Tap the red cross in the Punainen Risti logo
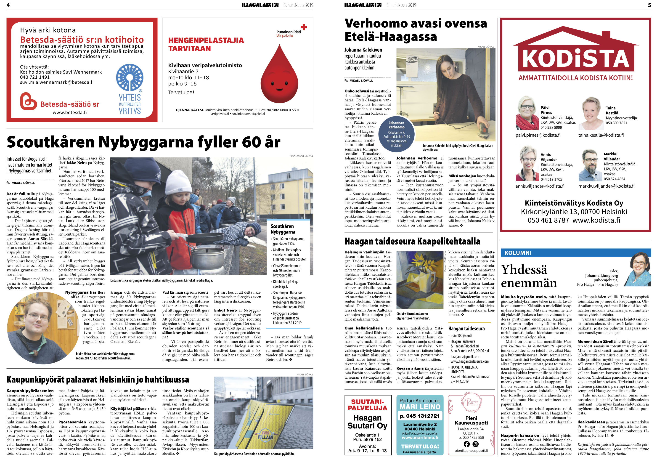[x=304, y=27]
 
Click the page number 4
[x=8, y=5]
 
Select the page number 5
[x=649, y=5]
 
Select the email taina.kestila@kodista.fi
[x=601, y=135]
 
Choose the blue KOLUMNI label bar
[x=576, y=253]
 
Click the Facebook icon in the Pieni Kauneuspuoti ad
[x=467, y=444]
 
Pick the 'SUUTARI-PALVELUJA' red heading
[x=367, y=405]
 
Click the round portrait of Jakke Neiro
[x=43, y=328]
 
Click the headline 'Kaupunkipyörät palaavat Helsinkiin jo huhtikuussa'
[x=98, y=380]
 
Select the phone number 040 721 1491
[x=35, y=77]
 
